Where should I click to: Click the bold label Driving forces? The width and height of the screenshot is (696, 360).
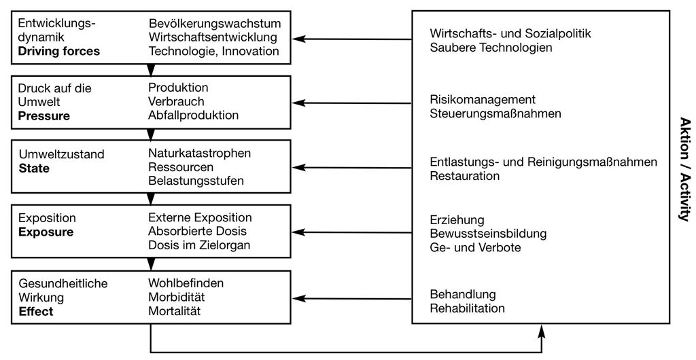(x=59, y=51)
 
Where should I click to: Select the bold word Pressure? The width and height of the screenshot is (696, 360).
(x=44, y=116)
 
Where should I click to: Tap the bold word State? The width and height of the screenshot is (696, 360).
(x=34, y=168)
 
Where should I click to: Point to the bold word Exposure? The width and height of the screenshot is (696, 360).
(x=46, y=232)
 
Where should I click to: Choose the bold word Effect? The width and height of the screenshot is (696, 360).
(x=36, y=311)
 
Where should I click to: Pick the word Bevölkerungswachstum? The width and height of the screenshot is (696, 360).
(x=215, y=23)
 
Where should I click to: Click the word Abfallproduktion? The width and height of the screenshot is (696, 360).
(x=194, y=115)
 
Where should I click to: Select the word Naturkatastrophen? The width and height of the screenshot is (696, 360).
(x=200, y=153)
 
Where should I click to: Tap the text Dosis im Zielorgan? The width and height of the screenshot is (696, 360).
(x=199, y=245)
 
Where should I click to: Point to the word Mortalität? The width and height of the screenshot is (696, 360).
(x=175, y=311)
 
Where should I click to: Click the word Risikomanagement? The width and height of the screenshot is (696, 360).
(x=483, y=99)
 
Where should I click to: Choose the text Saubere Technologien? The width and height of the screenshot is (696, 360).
(x=491, y=48)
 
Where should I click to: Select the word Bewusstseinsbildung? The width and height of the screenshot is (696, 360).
(x=488, y=234)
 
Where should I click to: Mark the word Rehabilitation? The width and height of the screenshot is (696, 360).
(x=468, y=308)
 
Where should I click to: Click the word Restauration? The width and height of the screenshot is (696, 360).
(x=465, y=176)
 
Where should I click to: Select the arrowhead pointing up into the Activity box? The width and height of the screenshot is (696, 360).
(x=542, y=330)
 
